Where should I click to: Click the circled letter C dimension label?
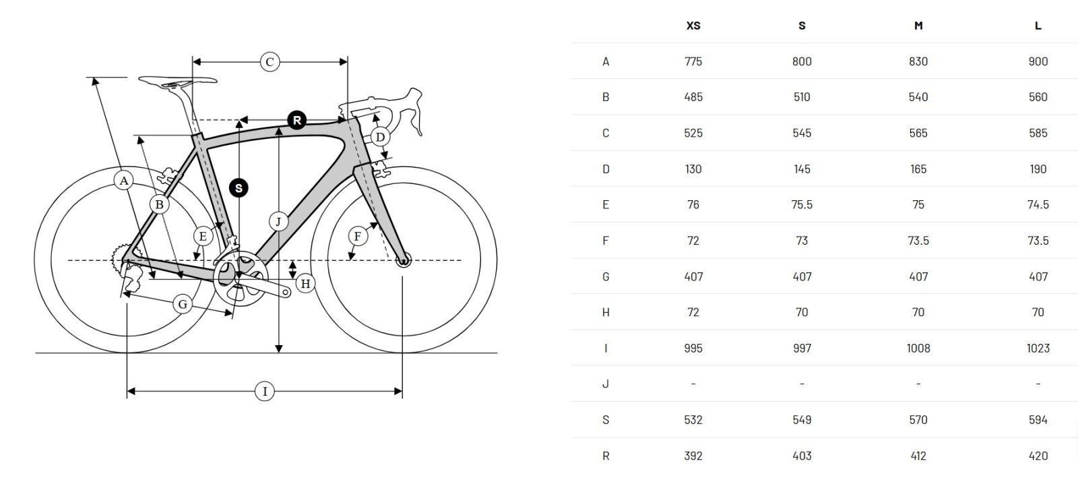pyautogui.click(x=269, y=61)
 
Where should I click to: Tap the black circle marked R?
pyautogui.click(x=297, y=120)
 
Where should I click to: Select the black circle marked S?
pyautogui.click(x=239, y=187)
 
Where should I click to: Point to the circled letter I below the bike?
pyautogui.click(x=265, y=391)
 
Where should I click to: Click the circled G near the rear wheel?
pyautogui.click(x=183, y=304)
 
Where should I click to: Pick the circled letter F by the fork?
pyautogui.click(x=358, y=237)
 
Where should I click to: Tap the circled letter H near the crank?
pyautogui.click(x=306, y=284)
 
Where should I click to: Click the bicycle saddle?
pyautogui.click(x=178, y=81)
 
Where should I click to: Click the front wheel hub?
pyautogui.click(x=404, y=260)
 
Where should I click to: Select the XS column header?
pyautogui.click(x=693, y=26)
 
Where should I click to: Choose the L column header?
pyautogui.click(x=1038, y=26)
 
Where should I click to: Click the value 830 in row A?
pyautogui.click(x=918, y=61)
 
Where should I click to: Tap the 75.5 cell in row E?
pyautogui.click(x=802, y=204)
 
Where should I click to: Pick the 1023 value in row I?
pyautogui.click(x=1038, y=348)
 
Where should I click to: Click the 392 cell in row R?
pyautogui.click(x=693, y=456)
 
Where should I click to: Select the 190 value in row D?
pyautogui.click(x=1038, y=169)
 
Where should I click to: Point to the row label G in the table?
pyautogui.click(x=606, y=277)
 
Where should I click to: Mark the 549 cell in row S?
pyautogui.click(x=802, y=420)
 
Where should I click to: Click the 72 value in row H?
pyautogui.click(x=693, y=312)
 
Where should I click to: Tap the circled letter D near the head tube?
pyautogui.click(x=380, y=137)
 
